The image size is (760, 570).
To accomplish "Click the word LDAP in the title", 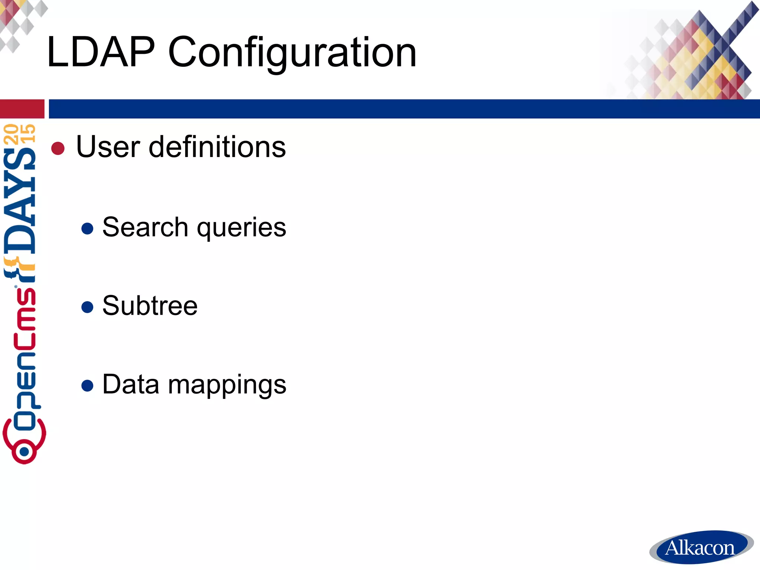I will [101, 52].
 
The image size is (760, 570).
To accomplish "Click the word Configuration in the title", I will [292, 52].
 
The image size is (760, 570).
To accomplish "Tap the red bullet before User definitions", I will [58, 148].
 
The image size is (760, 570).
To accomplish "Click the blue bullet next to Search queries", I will [87, 229].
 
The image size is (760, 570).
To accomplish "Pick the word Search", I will [145, 227].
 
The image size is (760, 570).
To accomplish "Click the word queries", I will [242, 228].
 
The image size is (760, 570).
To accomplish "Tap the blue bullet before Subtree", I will [87, 307].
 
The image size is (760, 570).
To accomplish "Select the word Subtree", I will [150, 306].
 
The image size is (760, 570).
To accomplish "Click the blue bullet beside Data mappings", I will [87, 386].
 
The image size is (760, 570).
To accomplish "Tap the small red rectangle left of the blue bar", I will [22, 109].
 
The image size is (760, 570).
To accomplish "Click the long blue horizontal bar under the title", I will [404, 109].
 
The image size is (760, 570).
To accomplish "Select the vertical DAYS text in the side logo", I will [20, 200].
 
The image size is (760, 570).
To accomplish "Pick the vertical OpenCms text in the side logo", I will [24, 349].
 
